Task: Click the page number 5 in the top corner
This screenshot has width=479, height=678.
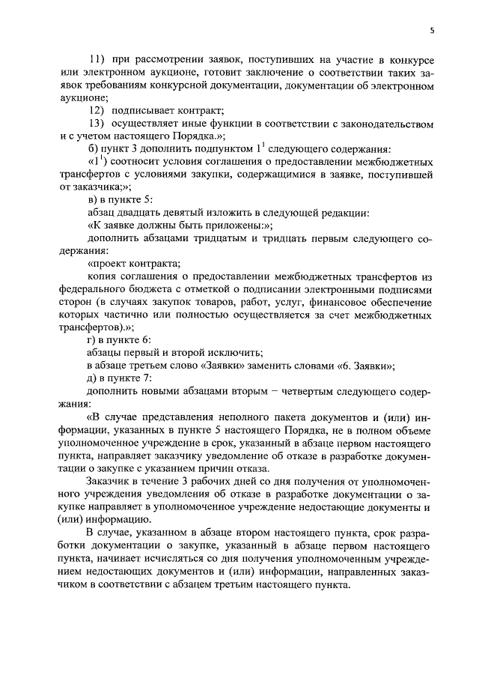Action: click(432, 30)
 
